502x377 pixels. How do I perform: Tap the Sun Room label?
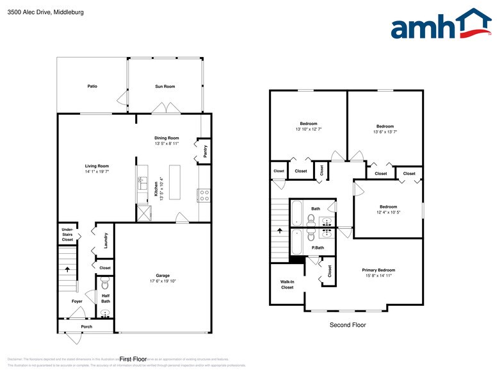point(165,86)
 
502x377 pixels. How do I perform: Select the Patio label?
point(92,86)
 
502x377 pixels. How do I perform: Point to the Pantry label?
point(205,151)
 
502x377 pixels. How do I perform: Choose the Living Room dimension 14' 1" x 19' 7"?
point(97,172)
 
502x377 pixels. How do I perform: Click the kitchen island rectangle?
point(175,183)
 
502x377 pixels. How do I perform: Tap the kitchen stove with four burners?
point(204,195)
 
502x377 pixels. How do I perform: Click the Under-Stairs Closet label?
point(67,234)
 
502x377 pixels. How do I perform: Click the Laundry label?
point(106,240)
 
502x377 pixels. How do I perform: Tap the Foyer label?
point(77,301)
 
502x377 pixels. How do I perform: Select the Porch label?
point(86,326)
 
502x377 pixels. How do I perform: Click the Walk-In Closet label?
point(287,284)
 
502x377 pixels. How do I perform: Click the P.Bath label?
point(317,247)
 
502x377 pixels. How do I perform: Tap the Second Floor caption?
point(348,325)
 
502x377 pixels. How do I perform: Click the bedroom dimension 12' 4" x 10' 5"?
point(388,212)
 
